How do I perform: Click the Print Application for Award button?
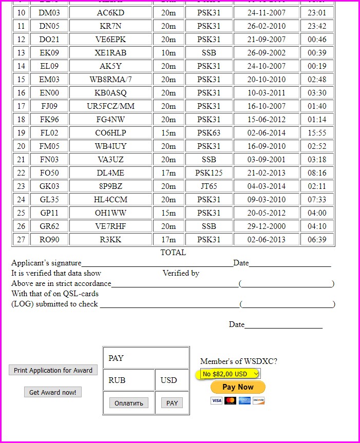[x=53, y=370]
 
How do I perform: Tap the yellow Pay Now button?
[x=238, y=387]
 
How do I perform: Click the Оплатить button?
[x=128, y=403]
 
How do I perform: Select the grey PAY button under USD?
[x=172, y=403]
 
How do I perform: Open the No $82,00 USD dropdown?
[x=228, y=374]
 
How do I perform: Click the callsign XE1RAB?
[x=110, y=53]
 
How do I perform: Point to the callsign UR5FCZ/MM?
[x=110, y=106]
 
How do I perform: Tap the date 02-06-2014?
[x=267, y=133]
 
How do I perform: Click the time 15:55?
[x=317, y=133]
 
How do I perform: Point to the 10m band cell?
[x=168, y=53]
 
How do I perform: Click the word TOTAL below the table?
[x=173, y=253]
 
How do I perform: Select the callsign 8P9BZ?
[x=110, y=186]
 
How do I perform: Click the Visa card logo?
[x=216, y=400]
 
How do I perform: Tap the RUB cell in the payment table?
[x=117, y=380]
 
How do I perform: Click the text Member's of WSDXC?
[x=239, y=361]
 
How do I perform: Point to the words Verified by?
[x=181, y=273]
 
